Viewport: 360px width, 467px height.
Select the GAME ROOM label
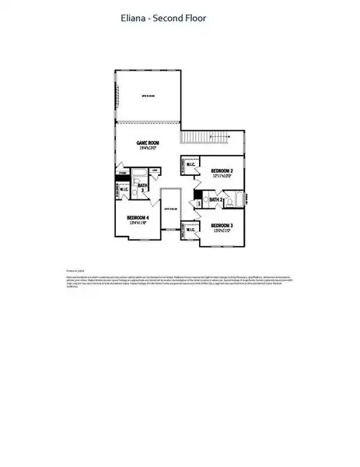pyautogui.click(x=148, y=142)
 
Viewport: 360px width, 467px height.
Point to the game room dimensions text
pyautogui.click(x=148, y=149)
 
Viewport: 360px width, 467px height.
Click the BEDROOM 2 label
pyautogui.click(x=221, y=170)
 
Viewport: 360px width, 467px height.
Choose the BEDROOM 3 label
pyautogui.click(x=222, y=225)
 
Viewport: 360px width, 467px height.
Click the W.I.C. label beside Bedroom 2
pyautogui.click(x=190, y=164)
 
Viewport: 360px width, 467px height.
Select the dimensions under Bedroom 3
pyautogui.click(x=222, y=231)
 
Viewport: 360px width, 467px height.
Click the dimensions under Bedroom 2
pyautogui.click(x=221, y=176)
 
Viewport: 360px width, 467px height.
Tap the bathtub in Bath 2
pyautogui.click(x=239, y=199)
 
